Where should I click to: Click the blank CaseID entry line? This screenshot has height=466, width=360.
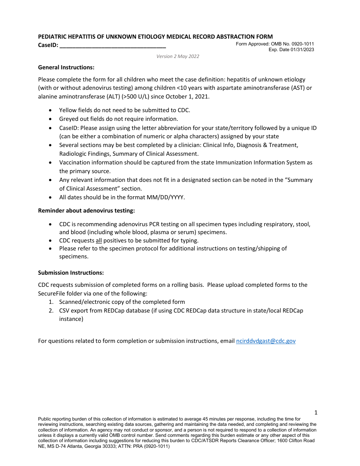click(x=113, y=45)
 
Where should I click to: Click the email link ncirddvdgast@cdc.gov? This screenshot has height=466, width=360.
click(x=266, y=341)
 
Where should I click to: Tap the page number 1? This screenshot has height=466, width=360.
click(x=316, y=413)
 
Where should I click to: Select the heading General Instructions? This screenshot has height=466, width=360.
click(x=66, y=67)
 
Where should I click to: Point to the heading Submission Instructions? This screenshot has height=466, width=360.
click(x=71, y=273)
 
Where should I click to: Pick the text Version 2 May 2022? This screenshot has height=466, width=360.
click(x=178, y=56)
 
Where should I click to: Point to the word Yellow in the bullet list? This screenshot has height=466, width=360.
click(x=67, y=110)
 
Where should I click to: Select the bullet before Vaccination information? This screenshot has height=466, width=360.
click(x=51, y=163)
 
